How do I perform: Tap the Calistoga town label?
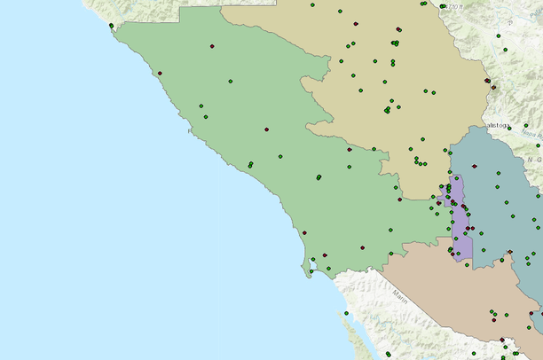496,125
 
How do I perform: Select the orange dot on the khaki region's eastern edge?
488,82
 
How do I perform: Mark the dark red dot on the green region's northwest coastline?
161,73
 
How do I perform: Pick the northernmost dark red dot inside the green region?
211,46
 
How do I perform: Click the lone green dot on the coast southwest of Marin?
346,313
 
